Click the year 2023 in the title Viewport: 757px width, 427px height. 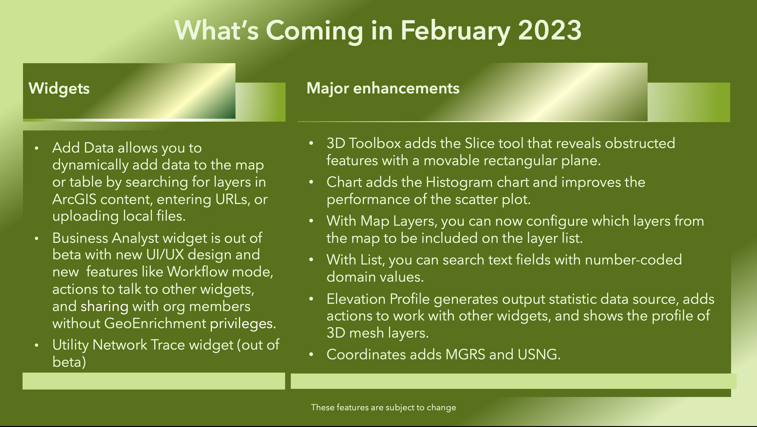(x=549, y=30)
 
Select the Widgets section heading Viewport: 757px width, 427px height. (x=59, y=88)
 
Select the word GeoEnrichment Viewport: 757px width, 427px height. (x=155, y=323)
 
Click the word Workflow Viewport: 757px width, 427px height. (x=197, y=272)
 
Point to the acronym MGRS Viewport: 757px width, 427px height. (x=465, y=354)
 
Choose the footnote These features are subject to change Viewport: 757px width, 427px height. (x=383, y=408)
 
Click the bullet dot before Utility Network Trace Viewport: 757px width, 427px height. (x=37, y=345)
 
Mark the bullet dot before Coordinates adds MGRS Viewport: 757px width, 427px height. (x=311, y=355)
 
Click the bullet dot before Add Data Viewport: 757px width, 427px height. (x=37, y=148)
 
